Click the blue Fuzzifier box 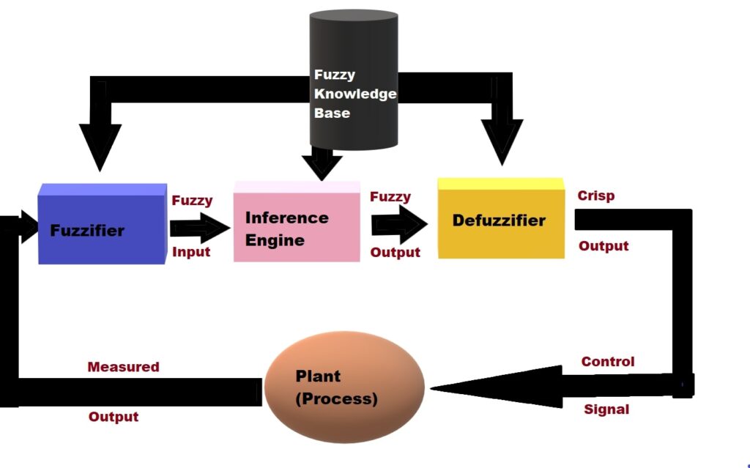pyautogui.click(x=102, y=225)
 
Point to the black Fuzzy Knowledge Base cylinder pyautogui.click(x=354, y=81)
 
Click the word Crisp pyautogui.click(x=595, y=196)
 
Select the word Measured pyautogui.click(x=123, y=367)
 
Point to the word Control pyautogui.click(x=608, y=362)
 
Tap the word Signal pyautogui.click(x=606, y=409)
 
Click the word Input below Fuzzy pyautogui.click(x=191, y=252)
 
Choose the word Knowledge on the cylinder pyautogui.click(x=355, y=94)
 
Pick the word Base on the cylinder pyautogui.click(x=332, y=114)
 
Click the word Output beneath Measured pyautogui.click(x=114, y=417)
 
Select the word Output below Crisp pyautogui.click(x=604, y=246)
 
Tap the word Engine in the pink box pyautogui.click(x=275, y=240)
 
